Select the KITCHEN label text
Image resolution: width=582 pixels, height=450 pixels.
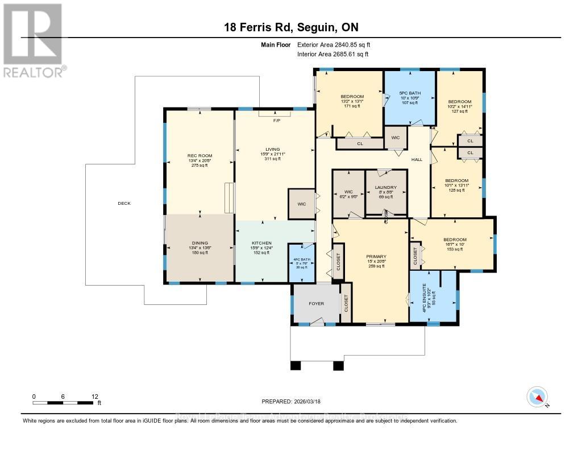(x=262, y=243)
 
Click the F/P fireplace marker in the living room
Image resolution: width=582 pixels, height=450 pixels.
(x=277, y=121)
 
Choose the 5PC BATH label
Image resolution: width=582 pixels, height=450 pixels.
(x=409, y=93)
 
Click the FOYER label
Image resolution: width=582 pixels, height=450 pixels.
(x=316, y=303)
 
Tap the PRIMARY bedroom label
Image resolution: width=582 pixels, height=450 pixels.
(x=376, y=257)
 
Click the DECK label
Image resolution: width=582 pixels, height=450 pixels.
(x=123, y=203)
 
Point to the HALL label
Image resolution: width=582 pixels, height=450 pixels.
(x=417, y=160)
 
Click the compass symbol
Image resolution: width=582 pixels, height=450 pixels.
(x=537, y=396)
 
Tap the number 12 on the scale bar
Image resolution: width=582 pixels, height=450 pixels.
(x=95, y=396)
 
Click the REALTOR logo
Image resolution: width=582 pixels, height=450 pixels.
(x=34, y=40)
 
